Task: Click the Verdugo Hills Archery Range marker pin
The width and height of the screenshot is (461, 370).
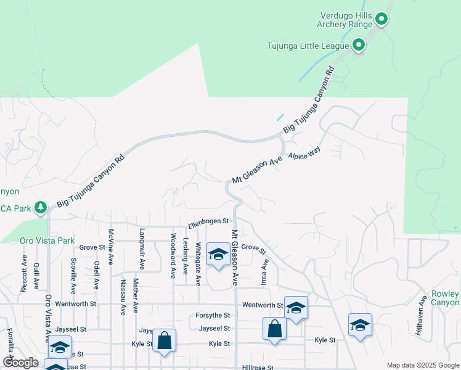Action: coord(381,19)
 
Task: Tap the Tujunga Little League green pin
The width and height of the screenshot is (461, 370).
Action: coord(359,45)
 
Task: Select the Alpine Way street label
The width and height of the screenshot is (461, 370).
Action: coord(305,155)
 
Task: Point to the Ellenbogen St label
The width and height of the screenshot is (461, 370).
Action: coord(208,221)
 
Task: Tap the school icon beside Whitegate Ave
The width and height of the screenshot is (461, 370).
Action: coord(218,255)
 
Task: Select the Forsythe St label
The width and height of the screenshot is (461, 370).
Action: coord(213,315)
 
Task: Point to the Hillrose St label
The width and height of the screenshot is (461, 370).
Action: coord(257,367)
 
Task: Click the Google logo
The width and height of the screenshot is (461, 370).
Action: coord(20,363)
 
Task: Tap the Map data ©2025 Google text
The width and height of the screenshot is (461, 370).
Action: coord(422,365)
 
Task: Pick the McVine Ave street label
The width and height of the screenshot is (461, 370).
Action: coord(111,247)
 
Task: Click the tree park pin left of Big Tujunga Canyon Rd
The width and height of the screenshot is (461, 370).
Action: coord(41,207)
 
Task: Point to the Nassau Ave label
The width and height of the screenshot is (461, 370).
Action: coord(123,297)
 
